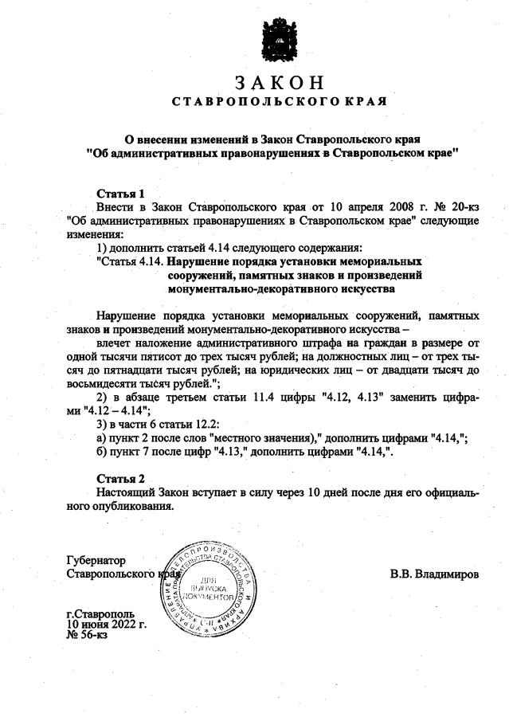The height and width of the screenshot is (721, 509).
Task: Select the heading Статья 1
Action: tap(119, 193)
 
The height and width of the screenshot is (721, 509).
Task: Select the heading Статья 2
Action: tap(119, 479)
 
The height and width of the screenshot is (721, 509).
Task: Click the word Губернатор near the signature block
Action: tap(96, 560)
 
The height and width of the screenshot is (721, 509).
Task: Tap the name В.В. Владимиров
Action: tap(434, 574)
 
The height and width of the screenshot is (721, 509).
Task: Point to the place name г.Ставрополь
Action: tap(100, 614)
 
